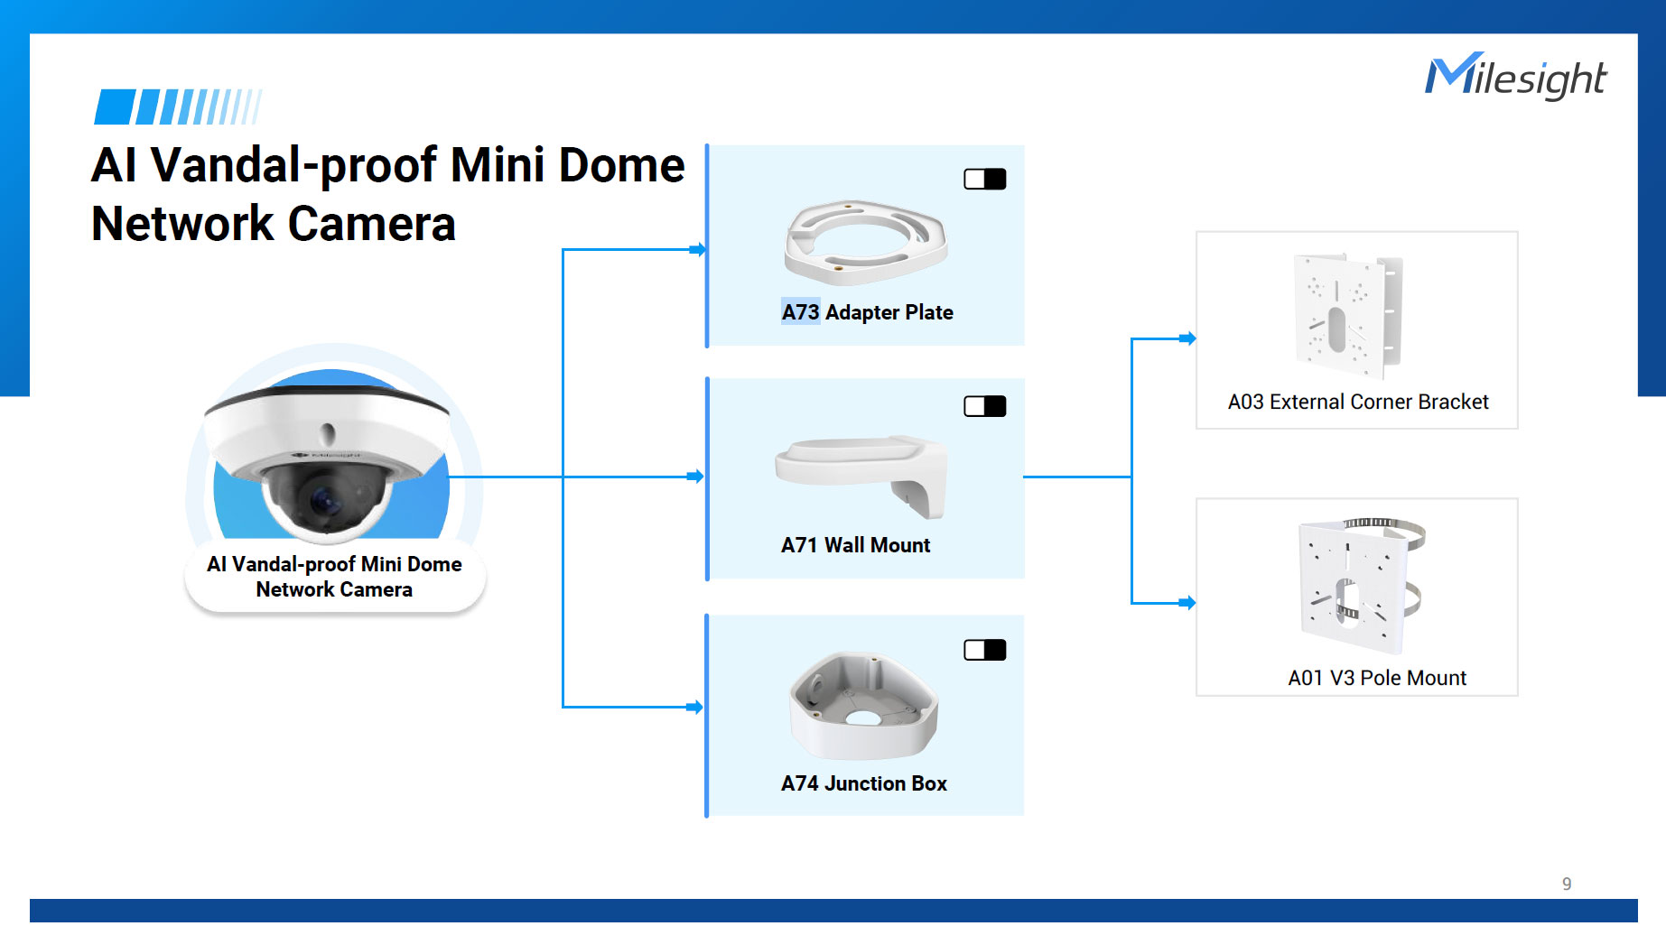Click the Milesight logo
[x=1515, y=77]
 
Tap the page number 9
[x=1567, y=884]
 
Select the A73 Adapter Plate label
[x=867, y=312]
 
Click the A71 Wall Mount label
[x=855, y=545]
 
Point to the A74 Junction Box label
[x=863, y=783]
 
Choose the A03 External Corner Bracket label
[x=1357, y=402]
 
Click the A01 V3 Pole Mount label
[x=1376, y=678]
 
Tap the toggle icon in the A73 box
[x=984, y=179]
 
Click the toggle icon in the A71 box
[x=984, y=406]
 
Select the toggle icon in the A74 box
[x=984, y=650]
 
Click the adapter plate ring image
[x=865, y=241]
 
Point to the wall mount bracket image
[x=862, y=474]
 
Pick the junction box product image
[x=864, y=707]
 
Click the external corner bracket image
[x=1348, y=315]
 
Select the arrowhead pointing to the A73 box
[x=697, y=249]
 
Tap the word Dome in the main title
[x=621, y=165]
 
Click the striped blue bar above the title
[x=178, y=106]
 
